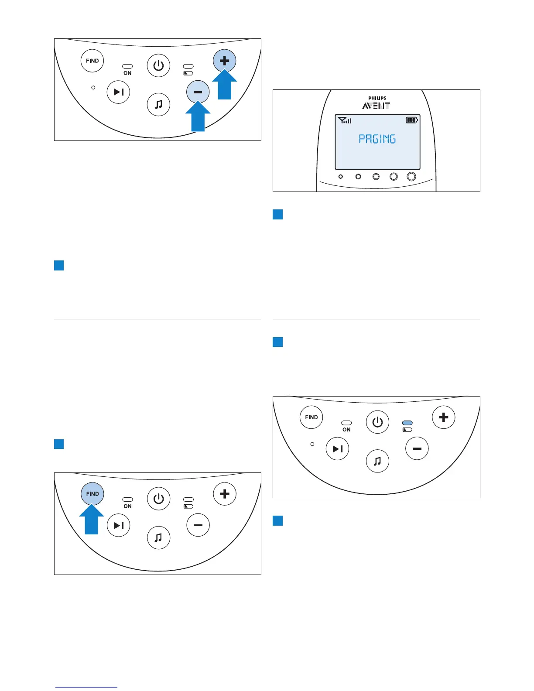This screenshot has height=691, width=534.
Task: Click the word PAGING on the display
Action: point(377,139)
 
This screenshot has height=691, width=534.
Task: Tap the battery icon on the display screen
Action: point(411,120)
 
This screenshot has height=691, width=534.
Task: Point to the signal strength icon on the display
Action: point(345,120)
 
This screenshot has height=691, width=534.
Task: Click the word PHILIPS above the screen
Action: point(377,98)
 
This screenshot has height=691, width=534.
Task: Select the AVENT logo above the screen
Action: point(376,106)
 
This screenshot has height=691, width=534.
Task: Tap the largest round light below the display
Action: point(411,176)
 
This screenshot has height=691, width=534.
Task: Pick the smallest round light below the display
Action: point(341,177)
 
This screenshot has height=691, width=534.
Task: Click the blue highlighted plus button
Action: point(224,61)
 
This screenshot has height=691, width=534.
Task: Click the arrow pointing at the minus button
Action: point(198,116)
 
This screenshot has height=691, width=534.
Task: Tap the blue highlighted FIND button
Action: point(92,494)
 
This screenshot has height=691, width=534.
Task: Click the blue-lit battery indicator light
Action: point(407,423)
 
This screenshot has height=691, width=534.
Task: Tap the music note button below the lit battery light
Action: point(377,461)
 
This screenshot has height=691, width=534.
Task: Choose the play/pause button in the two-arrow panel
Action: point(118,92)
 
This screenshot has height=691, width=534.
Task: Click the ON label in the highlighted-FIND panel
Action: point(127,506)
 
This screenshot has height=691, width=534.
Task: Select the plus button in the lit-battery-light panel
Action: point(443,417)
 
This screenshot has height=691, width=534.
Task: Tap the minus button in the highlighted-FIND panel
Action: point(198,525)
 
